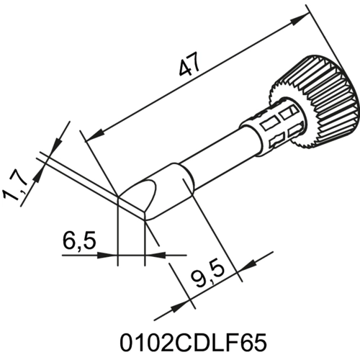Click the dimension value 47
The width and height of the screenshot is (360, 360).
pyautogui.click(x=189, y=70)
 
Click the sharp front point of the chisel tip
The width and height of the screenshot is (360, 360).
pyautogui.click(x=119, y=196)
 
